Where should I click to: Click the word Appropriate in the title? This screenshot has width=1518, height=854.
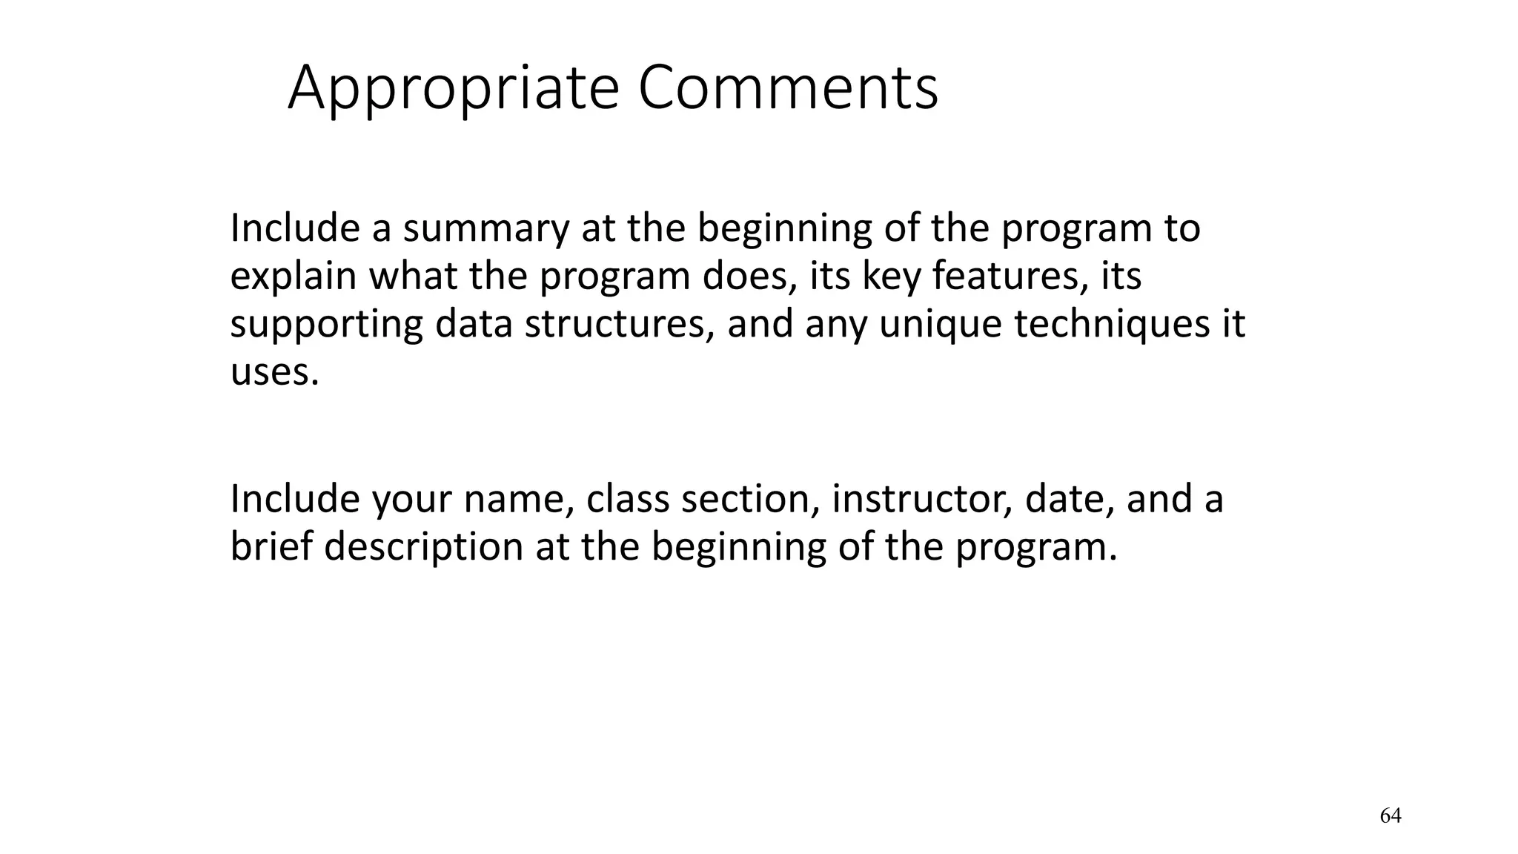click(x=453, y=89)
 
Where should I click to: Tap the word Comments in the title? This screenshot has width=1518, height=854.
click(x=788, y=89)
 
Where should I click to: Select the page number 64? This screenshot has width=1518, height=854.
click(x=1391, y=816)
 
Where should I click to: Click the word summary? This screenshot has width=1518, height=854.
click(x=485, y=228)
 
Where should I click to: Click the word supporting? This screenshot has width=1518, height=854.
click(x=326, y=324)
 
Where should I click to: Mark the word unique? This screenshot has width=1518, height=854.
click(x=939, y=324)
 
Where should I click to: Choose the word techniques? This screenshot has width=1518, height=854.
click(x=1112, y=324)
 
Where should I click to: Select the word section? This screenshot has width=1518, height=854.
click(x=749, y=499)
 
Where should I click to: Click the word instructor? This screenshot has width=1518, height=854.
click(x=921, y=499)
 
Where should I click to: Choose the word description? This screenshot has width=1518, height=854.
click(x=423, y=547)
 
